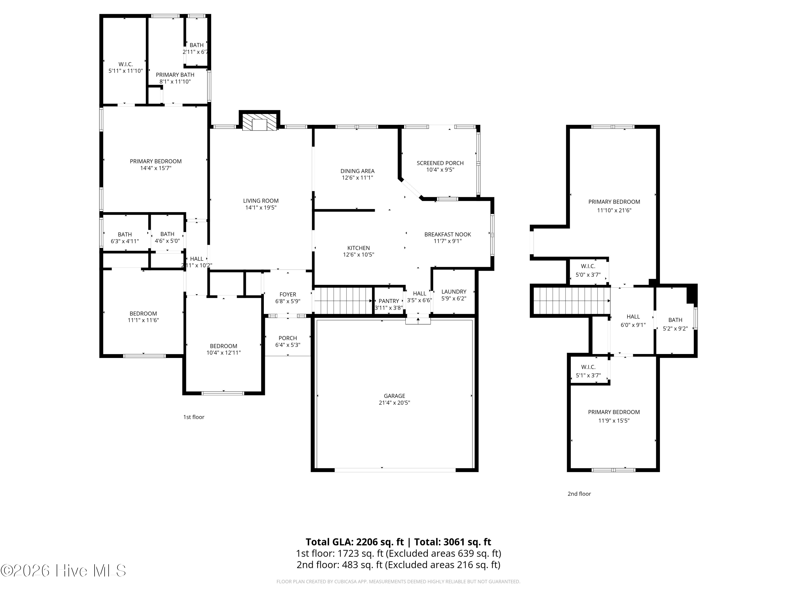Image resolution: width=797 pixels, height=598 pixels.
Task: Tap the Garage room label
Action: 395,396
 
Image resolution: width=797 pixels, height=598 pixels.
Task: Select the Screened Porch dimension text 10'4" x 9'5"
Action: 440,170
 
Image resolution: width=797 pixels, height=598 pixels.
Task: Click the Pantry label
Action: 389,301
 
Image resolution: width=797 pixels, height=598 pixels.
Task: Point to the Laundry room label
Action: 454,292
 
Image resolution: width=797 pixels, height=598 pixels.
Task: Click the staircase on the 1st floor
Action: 343,301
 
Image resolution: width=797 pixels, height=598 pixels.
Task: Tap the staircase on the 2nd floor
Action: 571,301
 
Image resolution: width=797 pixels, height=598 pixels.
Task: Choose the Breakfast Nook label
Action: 448,234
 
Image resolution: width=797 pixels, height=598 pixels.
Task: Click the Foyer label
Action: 288,294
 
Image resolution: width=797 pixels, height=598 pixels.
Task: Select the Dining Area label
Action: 357,171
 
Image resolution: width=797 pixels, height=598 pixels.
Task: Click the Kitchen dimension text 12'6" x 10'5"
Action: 358,255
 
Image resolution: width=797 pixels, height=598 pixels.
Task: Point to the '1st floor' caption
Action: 194,417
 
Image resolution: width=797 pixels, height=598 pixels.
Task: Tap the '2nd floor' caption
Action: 579,494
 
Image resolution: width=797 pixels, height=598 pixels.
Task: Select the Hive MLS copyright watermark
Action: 63,571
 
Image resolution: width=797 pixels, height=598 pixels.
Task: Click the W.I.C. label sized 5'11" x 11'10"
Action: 126,64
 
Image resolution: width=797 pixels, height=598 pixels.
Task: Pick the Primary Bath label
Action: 175,75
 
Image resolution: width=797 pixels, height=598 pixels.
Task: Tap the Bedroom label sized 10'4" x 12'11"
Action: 224,346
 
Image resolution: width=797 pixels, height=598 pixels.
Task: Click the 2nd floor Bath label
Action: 675,320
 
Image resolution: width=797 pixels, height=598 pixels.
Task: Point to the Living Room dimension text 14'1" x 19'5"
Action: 261,208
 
